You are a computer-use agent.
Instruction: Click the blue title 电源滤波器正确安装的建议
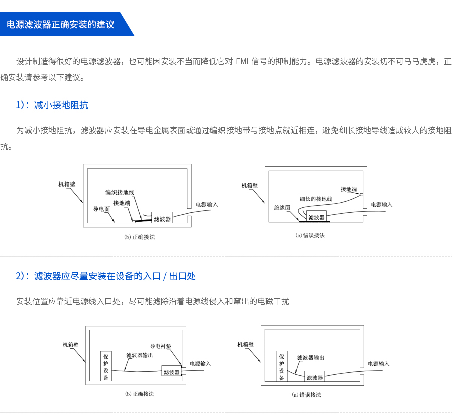click(x=60, y=24)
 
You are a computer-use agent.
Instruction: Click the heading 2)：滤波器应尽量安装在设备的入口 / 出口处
click(x=105, y=276)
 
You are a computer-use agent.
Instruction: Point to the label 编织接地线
click(x=120, y=192)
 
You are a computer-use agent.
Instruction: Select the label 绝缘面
click(x=282, y=207)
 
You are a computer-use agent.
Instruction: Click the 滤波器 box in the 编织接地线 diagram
click(x=162, y=218)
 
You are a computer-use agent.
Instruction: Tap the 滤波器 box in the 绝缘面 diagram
click(x=316, y=217)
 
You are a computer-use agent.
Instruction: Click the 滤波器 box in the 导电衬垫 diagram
click(x=171, y=372)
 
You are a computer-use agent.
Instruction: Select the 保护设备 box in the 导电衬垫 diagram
click(x=106, y=366)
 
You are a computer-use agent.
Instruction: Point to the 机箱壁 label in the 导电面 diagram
click(x=67, y=184)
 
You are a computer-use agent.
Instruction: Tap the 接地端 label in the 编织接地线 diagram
click(x=122, y=203)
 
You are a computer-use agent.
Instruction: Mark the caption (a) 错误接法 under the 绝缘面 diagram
click(x=310, y=235)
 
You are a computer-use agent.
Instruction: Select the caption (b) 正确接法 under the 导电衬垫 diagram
click(x=139, y=394)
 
